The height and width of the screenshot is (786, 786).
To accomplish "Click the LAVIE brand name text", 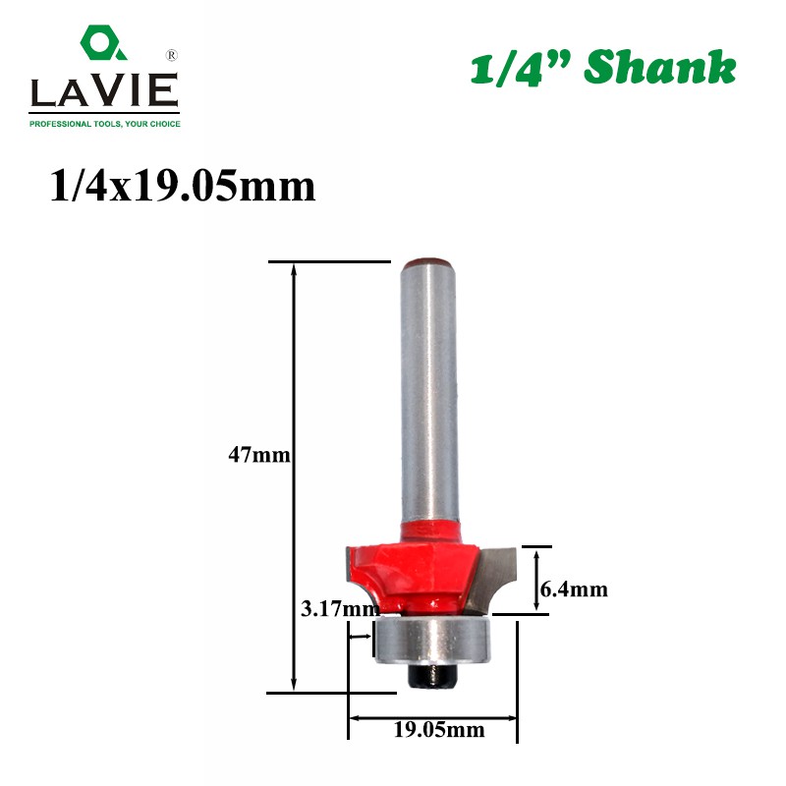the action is coord(104,90).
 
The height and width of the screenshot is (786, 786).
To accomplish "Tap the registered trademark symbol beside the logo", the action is coord(171,55).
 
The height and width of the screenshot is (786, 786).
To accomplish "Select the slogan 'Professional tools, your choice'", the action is coord(105,124).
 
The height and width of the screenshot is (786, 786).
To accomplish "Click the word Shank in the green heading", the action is coord(659,67).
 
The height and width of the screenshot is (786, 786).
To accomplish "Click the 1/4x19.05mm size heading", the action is coord(183,187).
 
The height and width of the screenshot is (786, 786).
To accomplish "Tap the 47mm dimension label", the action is coord(259,455).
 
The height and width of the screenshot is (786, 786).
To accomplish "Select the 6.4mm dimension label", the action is coord(574,589).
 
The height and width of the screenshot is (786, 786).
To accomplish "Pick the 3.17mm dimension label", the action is coord(340,608).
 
